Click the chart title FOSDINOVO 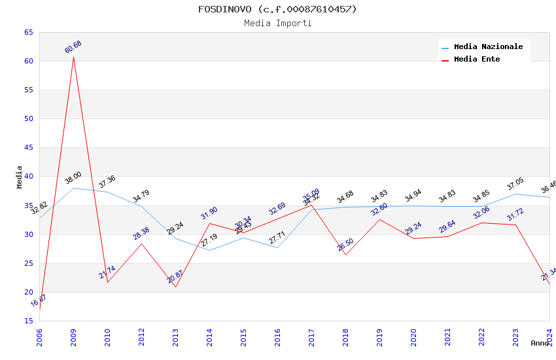coord(277,9)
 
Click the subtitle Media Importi coord(277,23)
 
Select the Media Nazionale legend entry coord(488,47)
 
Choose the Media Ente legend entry coord(476,60)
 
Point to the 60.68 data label coord(73,47)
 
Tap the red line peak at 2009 coord(73,57)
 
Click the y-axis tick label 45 coord(28,148)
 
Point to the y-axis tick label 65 coord(28,33)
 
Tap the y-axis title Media coord(20,177)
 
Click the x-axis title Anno coord(540,343)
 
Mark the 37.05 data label coord(515,184)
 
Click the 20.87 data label coord(175,277)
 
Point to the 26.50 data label coord(345,245)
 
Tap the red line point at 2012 coord(141,243)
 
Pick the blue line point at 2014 coord(209,250)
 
